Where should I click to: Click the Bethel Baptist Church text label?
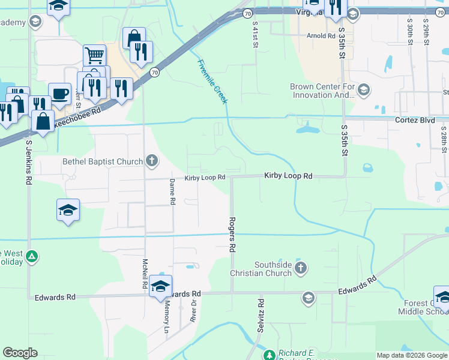click(103, 161)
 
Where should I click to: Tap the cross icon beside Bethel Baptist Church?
click(152, 161)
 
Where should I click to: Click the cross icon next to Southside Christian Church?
click(301, 267)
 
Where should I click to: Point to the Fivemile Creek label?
click(212, 82)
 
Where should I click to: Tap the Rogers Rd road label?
click(232, 234)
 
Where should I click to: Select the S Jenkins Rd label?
click(28, 161)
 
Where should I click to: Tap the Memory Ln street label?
click(167, 317)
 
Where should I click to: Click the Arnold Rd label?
click(321, 36)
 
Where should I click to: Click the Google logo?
click(20, 353)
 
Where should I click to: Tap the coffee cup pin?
click(59, 94)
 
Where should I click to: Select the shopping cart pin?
click(94, 55)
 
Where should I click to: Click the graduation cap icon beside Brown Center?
click(363, 91)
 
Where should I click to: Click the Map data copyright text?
click(411, 355)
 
